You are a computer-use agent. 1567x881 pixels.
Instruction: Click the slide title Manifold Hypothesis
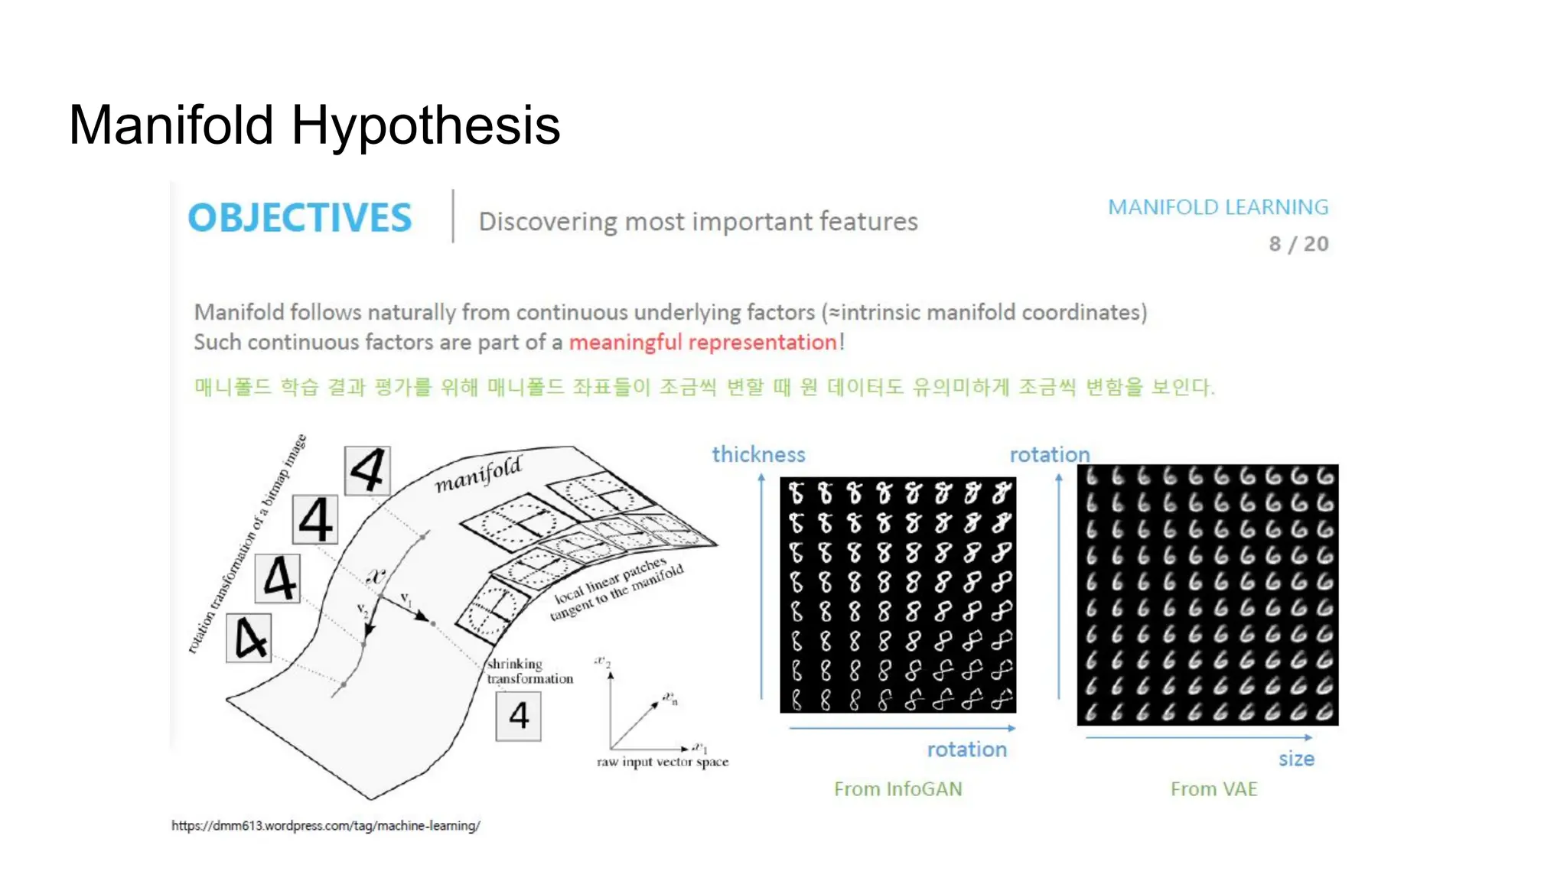[314, 125]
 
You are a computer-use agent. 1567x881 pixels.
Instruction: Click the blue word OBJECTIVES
[300, 218]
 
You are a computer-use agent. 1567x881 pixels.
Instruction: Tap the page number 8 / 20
[1298, 244]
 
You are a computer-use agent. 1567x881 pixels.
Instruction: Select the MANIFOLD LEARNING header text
[1218, 207]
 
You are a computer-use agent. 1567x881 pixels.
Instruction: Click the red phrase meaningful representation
[702, 343]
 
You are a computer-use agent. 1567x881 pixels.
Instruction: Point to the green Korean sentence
[704, 387]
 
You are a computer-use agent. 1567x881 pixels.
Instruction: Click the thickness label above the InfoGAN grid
[758, 455]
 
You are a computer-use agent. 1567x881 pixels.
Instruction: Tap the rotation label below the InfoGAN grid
[966, 749]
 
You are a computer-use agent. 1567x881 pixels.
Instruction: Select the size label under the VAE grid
[1296, 759]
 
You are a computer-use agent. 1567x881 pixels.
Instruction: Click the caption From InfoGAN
[898, 789]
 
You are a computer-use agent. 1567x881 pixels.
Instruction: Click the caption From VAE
[1214, 789]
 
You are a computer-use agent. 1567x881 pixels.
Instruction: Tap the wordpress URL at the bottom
[326, 826]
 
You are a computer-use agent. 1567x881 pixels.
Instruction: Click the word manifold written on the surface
[479, 475]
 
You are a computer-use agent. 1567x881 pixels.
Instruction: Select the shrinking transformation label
[529, 671]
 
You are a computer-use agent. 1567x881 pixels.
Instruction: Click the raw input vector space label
[663, 762]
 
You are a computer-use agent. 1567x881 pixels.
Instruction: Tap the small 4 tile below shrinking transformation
[519, 717]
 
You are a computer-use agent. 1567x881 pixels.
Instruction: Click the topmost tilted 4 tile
[367, 470]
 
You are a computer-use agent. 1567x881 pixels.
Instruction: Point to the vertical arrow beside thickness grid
[761, 585]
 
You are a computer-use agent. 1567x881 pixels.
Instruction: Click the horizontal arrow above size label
[1198, 738]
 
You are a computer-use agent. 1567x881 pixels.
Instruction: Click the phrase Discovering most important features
[698, 222]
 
